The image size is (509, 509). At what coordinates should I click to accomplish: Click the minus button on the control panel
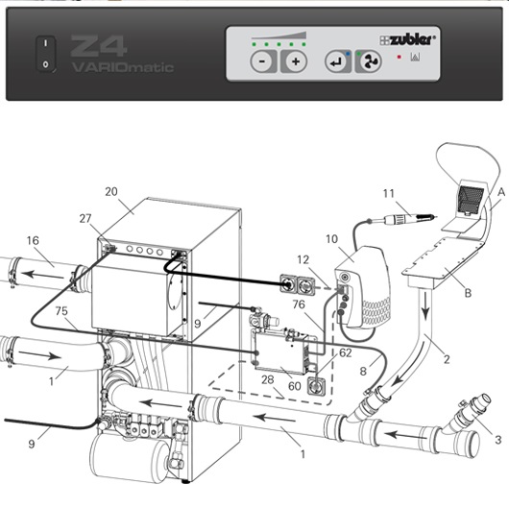point(263,61)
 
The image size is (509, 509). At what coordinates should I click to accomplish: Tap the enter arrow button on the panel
point(338,61)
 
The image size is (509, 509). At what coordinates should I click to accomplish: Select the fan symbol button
point(369,61)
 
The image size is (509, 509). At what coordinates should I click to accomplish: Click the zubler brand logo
point(407,39)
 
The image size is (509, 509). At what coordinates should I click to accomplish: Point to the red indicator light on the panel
point(400,57)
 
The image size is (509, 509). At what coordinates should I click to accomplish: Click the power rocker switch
point(45,54)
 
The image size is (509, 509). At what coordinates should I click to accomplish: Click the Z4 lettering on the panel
point(98,46)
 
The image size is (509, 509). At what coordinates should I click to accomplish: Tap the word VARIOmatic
point(123,67)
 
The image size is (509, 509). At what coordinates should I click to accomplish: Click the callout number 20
point(111,191)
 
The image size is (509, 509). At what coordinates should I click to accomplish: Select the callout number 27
point(85,218)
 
